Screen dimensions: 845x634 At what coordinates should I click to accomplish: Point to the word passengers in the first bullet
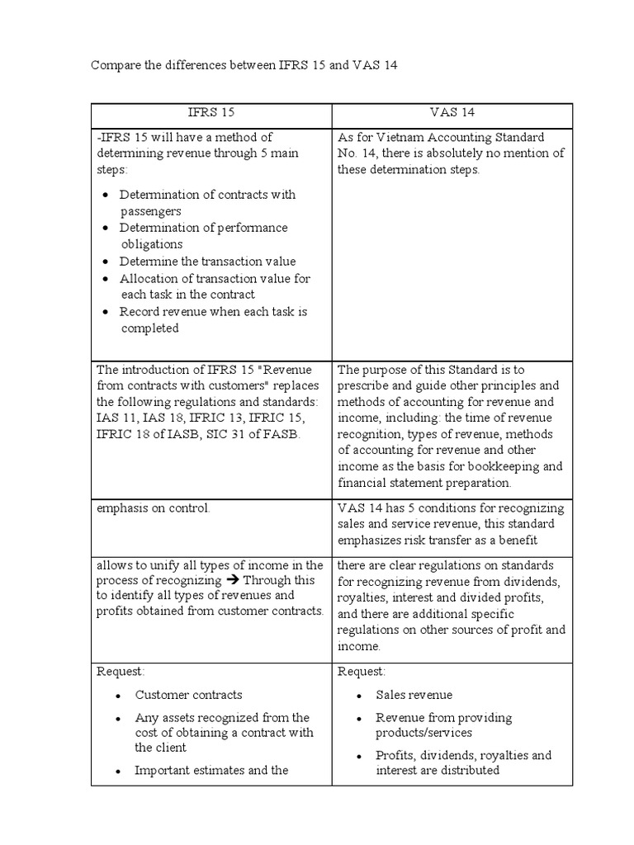tap(150, 211)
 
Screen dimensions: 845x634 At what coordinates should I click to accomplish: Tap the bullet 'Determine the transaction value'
tap(207, 262)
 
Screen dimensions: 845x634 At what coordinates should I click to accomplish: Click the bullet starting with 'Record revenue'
tap(213, 312)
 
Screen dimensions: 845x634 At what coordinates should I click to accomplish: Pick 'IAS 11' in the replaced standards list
tap(115, 418)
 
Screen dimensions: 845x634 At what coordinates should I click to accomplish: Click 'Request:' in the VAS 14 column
tap(361, 672)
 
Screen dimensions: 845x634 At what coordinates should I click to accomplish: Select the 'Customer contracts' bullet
tap(189, 695)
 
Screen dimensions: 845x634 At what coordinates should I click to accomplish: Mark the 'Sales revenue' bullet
tap(414, 695)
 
